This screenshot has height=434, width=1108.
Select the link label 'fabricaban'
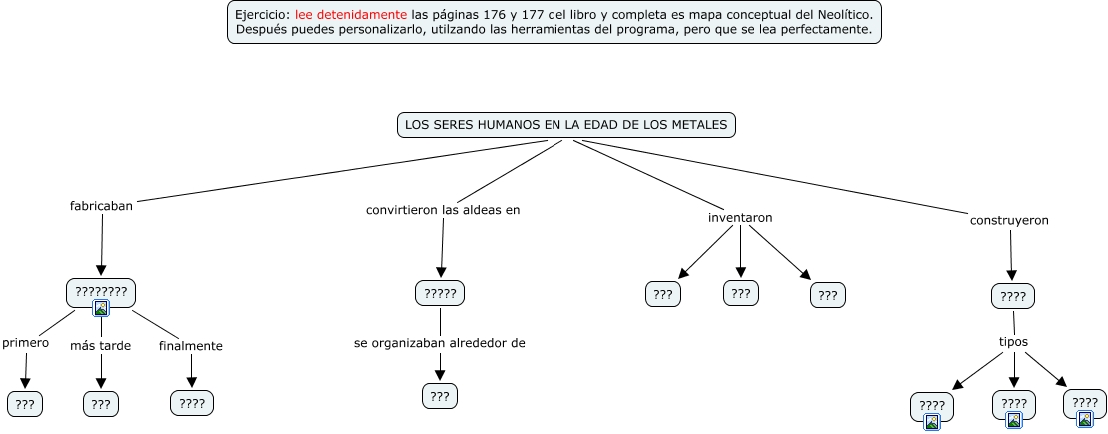coord(101,206)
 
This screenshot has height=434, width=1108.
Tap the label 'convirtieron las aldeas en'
coord(443,210)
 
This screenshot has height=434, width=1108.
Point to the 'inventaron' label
coord(740,217)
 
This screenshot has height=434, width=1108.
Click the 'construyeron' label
coord(1009,220)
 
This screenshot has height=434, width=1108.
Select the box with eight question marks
coord(101,292)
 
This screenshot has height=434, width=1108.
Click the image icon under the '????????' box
coord(101,309)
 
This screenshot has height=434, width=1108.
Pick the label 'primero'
coord(26,343)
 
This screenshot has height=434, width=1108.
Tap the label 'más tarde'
coord(101,346)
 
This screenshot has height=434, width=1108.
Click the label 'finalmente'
coord(190,346)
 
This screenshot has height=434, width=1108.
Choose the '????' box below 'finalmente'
coord(191,403)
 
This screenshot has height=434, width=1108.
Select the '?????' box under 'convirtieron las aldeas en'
coord(440,293)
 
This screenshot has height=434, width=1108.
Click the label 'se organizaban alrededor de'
coord(440,343)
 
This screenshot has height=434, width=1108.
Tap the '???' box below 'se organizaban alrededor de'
coord(440,396)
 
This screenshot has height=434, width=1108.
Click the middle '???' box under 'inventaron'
coord(740,293)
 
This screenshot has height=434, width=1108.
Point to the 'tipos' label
coord(1014,341)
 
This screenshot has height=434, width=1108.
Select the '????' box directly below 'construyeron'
coord(1013,296)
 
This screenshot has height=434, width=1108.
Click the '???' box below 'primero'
coord(25,404)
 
